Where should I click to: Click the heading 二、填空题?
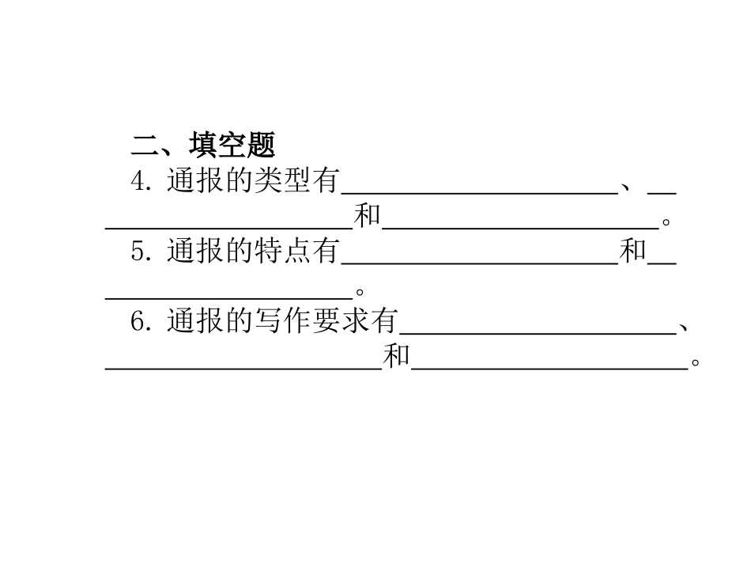point(203,145)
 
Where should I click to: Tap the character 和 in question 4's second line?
point(367,216)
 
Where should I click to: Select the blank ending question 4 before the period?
point(520,227)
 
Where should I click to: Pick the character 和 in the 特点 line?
point(632,252)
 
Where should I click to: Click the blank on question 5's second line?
point(229,297)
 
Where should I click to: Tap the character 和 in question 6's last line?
point(396,357)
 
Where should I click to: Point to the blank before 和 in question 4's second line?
point(229,227)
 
